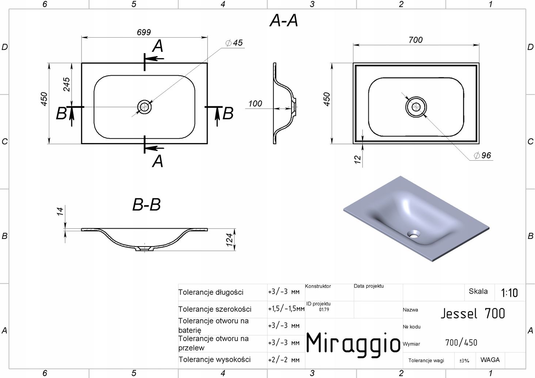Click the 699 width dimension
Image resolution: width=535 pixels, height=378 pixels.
(144, 33)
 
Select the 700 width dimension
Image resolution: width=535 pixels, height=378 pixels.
(416, 40)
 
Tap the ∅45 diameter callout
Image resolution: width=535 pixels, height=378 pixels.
(234, 43)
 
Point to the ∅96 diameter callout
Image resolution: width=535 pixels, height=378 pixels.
(482, 156)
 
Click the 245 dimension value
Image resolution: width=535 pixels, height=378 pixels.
(67, 85)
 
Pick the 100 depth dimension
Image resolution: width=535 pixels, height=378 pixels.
(255, 104)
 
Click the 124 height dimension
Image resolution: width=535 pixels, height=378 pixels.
(230, 240)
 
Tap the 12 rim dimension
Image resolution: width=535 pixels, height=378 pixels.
(358, 159)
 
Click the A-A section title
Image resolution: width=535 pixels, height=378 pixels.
(284, 21)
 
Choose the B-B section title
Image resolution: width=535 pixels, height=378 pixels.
(146, 205)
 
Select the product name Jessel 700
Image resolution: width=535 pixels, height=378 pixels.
(473, 313)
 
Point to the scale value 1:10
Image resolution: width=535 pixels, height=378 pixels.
(509, 293)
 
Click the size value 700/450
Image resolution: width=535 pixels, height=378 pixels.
(461, 343)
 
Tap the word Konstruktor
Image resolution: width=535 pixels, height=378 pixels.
(318, 286)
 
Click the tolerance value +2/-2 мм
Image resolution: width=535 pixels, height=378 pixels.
(284, 360)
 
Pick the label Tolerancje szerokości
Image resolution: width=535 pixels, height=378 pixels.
(215, 309)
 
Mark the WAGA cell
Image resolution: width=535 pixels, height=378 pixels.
(490, 360)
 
